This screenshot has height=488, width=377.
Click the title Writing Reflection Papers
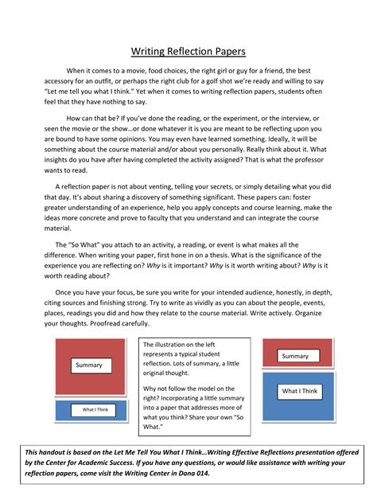tap(188, 53)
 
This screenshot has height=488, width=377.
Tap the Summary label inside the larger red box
tap(88, 365)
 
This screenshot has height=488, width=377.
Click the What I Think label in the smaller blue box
tap(89, 410)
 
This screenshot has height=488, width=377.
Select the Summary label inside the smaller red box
tap(295, 356)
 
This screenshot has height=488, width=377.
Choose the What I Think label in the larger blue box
tap(299, 391)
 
